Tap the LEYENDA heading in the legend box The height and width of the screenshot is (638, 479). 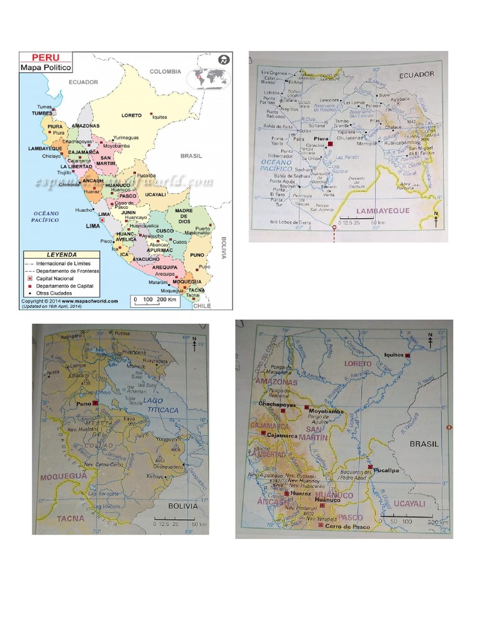(61, 254)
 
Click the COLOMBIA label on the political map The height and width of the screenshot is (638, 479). (165, 72)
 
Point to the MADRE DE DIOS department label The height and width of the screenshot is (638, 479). (185, 216)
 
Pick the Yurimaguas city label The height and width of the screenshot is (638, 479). (125, 138)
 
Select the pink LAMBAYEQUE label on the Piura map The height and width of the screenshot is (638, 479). (382, 211)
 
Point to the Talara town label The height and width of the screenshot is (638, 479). (291, 98)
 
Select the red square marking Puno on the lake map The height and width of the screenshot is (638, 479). (95, 404)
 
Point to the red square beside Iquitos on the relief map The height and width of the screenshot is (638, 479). (407, 355)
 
